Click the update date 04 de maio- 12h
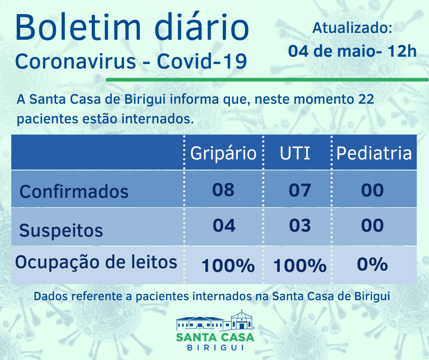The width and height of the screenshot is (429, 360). coord(352,51)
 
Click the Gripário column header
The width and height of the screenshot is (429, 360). coord(223,153)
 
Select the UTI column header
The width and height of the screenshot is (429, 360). coord(295,153)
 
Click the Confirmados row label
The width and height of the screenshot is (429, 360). coord(74,191)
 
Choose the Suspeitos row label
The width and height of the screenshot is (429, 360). coord(61,230)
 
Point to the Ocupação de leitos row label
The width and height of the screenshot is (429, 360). coord(96,262)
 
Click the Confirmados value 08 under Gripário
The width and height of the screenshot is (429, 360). coord(223,190)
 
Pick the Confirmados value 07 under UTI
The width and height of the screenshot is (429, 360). coord(300,190)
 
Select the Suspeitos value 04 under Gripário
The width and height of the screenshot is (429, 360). coord(224,225)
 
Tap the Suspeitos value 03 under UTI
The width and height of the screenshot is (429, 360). coord(300,225)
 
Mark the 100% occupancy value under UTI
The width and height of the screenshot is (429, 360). coord(300,265)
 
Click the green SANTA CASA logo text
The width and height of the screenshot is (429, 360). coord(215,338)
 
